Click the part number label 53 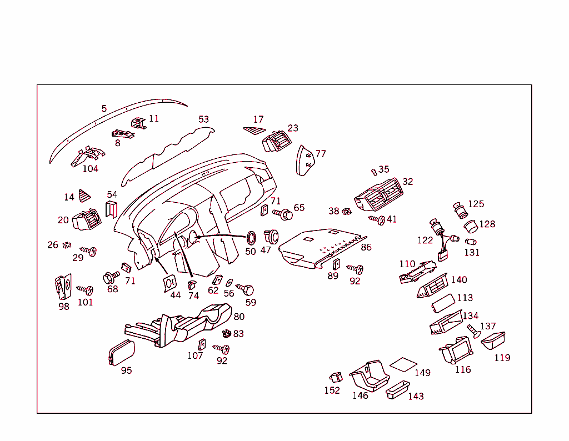point(204,119)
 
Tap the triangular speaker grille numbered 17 point(254,130)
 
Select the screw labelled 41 point(377,219)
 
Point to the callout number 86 point(366,247)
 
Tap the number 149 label point(422,373)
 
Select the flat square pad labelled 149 point(403,364)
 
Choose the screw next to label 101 point(85,290)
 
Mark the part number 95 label point(127,370)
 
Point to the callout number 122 point(425,240)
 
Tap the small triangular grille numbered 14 point(84,195)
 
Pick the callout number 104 point(91,169)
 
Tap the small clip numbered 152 point(335,378)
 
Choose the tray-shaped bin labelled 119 point(493,340)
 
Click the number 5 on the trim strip point(104,109)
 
